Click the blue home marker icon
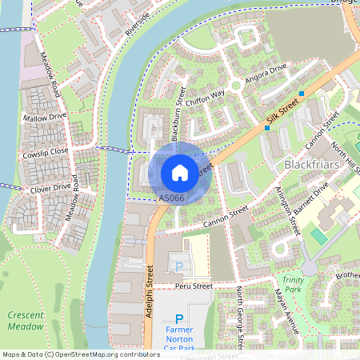pyautogui.click(x=180, y=172)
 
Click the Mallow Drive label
pyautogui.click(x=46, y=116)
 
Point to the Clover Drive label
pyautogui.click(x=50, y=189)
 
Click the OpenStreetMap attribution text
pyautogui.click(x=81, y=354)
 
